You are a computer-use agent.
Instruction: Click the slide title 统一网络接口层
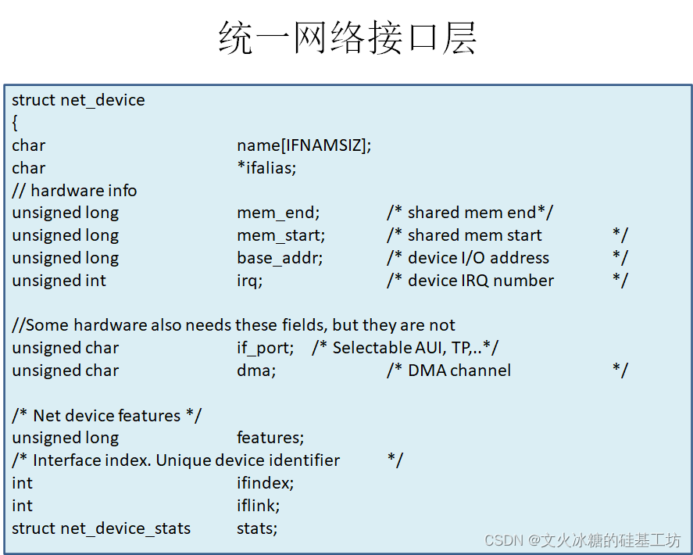347,37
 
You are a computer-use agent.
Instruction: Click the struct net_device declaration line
78,100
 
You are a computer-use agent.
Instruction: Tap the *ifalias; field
266,168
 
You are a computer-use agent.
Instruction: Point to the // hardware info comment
74,191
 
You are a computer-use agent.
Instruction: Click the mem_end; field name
278,213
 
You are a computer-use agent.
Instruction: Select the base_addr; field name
280,258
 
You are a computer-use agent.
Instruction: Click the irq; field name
249,281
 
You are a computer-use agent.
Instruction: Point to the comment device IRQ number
480,281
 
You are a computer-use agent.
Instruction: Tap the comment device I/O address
478,258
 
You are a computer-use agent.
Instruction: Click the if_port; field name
266,348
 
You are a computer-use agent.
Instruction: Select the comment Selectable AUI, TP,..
406,348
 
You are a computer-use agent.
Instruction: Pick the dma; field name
256,371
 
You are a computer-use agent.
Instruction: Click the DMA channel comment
459,371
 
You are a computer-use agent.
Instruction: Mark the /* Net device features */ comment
106,416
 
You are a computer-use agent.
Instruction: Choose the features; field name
270,439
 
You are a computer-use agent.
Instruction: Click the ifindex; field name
266,483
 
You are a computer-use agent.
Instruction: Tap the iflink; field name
258,506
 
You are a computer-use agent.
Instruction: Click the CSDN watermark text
582,540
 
